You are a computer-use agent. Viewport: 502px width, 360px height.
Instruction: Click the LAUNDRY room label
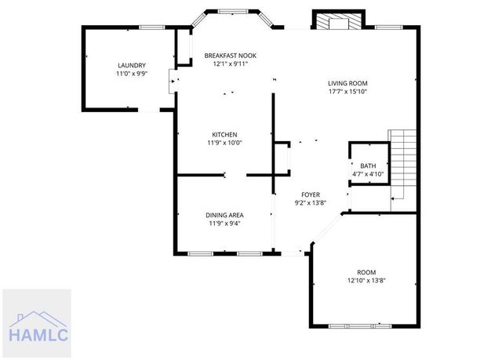pos(132,65)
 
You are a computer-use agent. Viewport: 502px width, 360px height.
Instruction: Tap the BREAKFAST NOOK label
pos(230,56)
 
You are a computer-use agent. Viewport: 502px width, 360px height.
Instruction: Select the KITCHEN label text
pos(224,134)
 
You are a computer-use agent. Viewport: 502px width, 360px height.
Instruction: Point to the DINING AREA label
pos(224,214)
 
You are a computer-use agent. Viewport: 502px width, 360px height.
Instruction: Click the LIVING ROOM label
pos(347,82)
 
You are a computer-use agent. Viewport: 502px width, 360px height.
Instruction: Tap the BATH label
pos(368,165)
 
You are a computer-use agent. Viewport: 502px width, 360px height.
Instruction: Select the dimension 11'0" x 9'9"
pos(132,74)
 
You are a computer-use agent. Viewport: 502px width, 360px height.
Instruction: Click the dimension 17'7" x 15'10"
pos(347,91)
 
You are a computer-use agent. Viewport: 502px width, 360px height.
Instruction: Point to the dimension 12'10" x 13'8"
pos(367,280)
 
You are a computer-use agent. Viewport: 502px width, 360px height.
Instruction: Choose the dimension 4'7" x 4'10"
pos(368,173)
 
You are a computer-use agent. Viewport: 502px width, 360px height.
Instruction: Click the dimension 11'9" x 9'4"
pos(224,223)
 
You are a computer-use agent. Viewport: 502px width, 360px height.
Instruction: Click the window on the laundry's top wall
pos(150,27)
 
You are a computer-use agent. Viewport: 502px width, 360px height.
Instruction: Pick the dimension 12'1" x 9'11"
pos(230,64)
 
